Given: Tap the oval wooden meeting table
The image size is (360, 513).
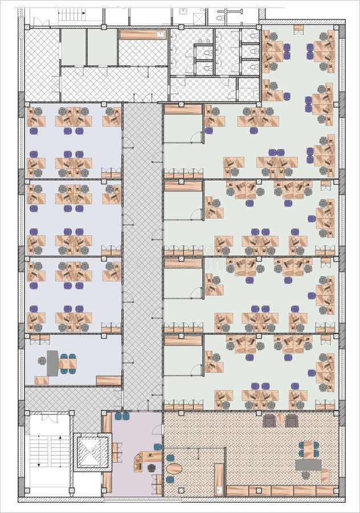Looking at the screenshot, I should coord(174,469).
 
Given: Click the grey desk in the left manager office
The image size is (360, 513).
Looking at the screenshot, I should coord(52,363).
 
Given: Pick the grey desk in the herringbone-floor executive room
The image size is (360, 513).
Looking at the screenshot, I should coord(308,465).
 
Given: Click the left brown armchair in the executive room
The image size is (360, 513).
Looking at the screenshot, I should coord(269,421).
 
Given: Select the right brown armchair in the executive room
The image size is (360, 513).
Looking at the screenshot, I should coord(292,421).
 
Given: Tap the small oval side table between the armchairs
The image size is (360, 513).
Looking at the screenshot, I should coord(280,420).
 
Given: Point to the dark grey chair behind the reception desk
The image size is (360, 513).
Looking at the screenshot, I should coord(152,467).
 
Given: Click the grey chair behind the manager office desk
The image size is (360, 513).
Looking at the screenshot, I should coord(42,361).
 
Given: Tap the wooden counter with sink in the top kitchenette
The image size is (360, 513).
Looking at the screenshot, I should coord(142,35).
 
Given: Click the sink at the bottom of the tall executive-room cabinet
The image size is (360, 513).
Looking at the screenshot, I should coord(219,488).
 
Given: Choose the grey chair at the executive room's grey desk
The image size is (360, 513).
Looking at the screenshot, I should coord(306,475).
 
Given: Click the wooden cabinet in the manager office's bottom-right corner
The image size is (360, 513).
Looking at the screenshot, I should coord(108,380).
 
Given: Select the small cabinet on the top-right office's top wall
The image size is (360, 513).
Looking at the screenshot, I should coord(298,27).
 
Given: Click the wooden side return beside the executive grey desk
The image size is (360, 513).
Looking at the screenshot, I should coord(325,475).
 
